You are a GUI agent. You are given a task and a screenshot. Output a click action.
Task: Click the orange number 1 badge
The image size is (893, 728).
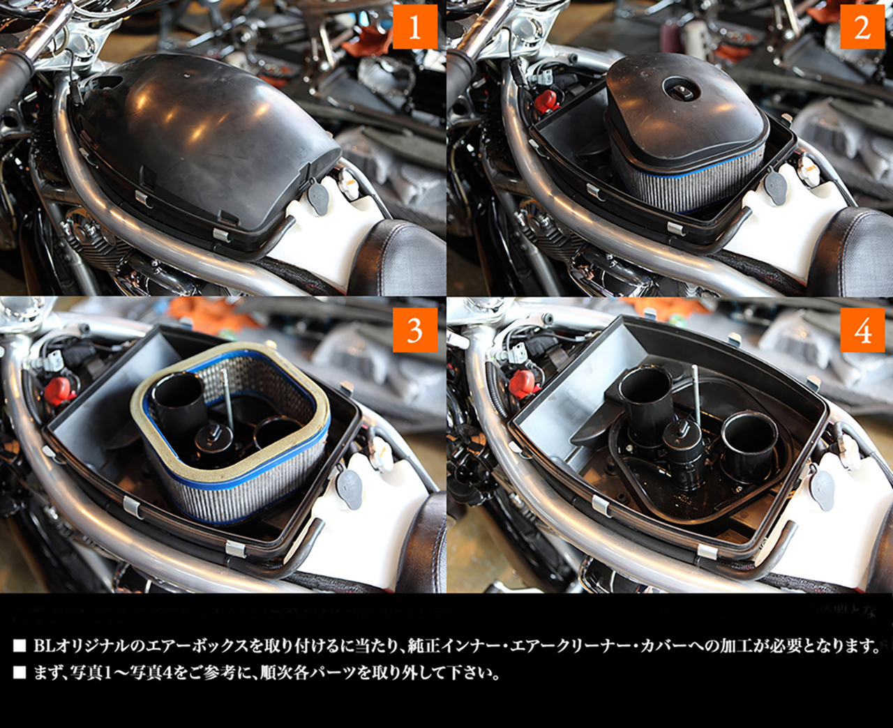pyautogui.click(x=415, y=27)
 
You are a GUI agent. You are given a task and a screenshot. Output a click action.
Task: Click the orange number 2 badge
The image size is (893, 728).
pyautogui.click(x=862, y=27)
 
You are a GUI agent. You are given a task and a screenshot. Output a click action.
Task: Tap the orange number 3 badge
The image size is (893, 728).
pyautogui.click(x=415, y=330)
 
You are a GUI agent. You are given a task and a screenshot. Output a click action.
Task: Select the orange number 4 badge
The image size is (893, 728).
pyautogui.click(x=862, y=330)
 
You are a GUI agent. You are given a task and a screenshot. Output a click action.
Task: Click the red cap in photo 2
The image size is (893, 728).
pyautogui.click(x=546, y=102)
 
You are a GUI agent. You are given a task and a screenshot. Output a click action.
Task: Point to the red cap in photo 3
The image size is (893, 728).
pyautogui.click(x=61, y=389)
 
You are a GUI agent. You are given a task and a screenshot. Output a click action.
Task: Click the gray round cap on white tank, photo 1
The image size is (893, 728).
pyautogui.click(x=318, y=198)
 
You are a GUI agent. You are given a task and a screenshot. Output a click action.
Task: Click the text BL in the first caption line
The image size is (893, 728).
pyautogui.click(x=44, y=646)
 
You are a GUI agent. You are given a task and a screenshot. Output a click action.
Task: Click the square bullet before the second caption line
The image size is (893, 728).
pyautogui.click(x=20, y=673)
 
